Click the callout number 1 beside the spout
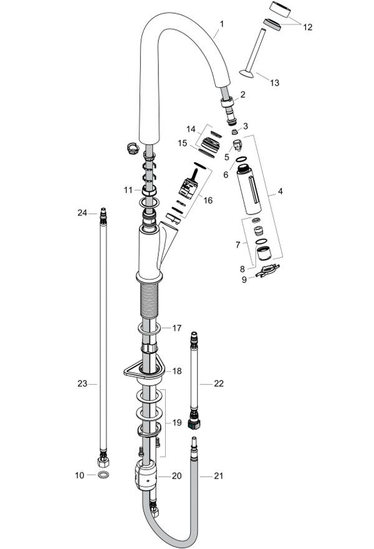(222, 24)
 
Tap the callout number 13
(275, 82)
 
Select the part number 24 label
(82, 213)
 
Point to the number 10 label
(79, 475)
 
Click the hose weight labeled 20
(145, 475)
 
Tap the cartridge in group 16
(189, 187)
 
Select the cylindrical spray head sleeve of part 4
(249, 189)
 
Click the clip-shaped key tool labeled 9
(267, 270)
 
